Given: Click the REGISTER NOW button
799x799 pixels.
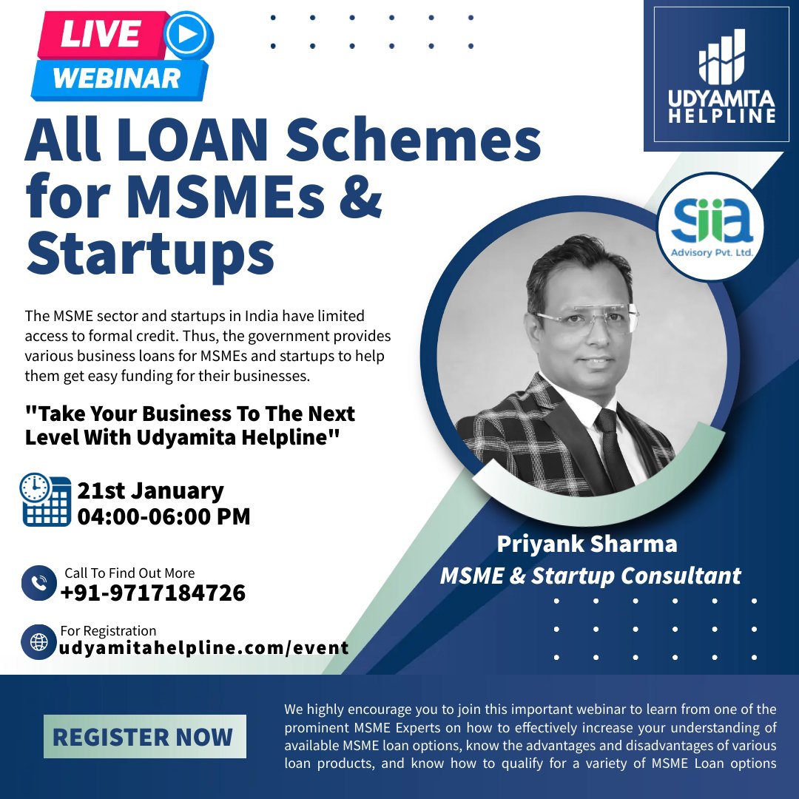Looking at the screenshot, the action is pos(145,736).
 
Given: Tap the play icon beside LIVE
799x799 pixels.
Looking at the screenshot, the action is pos(187,35).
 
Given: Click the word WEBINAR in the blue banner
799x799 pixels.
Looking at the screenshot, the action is pos(117,78).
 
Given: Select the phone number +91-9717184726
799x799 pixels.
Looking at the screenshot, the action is pos(153,593).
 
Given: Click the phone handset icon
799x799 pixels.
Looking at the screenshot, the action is pos(38,583).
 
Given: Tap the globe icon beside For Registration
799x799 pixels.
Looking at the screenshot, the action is pos(38,642).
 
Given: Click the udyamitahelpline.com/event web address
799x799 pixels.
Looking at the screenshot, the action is pos(204,648).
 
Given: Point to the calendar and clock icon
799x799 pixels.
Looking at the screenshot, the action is pos(45,499).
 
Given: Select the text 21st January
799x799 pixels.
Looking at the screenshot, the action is pos(150,490).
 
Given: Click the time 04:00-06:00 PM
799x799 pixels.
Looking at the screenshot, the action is pos(163,516).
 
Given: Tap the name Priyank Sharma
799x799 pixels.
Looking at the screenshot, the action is pos(587,544).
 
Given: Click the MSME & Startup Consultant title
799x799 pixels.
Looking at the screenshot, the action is pos(590,576).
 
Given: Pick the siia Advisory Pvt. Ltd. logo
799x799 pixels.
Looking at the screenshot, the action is pos(712,226).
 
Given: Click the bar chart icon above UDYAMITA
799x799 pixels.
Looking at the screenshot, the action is pos(721,57).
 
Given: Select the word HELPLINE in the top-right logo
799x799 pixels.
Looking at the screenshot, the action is pos(722,115).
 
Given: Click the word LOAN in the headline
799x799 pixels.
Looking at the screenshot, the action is pos(195,140).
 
